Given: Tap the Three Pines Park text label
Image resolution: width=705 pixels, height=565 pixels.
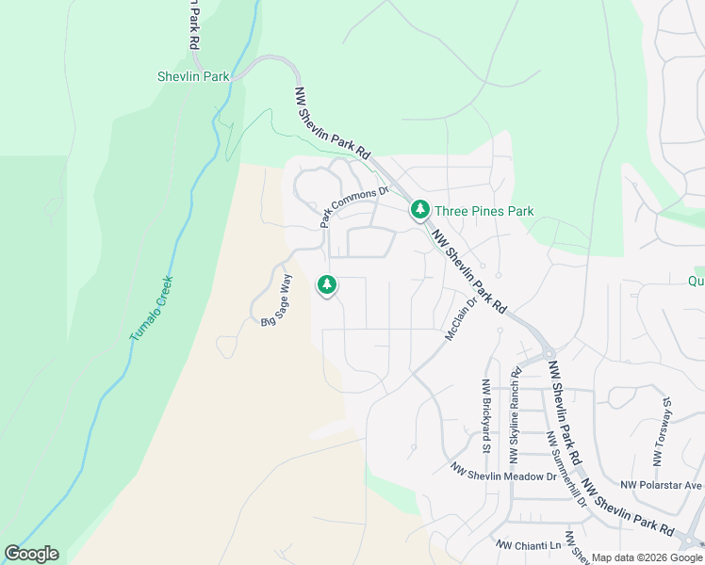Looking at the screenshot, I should click(484, 211).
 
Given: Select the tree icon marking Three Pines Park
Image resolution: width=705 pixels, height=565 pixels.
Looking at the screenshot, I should click(419, 210).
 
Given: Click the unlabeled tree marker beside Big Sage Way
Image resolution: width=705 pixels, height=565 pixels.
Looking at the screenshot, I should click(327, 283).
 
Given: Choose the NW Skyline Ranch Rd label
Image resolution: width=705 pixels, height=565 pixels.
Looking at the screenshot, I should click(515, 415).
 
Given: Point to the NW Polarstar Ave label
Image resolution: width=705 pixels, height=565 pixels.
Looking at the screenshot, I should click(662, 486).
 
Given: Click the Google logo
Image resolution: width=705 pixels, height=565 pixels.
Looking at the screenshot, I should click(31, 554).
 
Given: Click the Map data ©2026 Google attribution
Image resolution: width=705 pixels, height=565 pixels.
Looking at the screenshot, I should click(647, 557).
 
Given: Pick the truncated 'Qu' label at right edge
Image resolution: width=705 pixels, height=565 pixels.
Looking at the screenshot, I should click(696, 280).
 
